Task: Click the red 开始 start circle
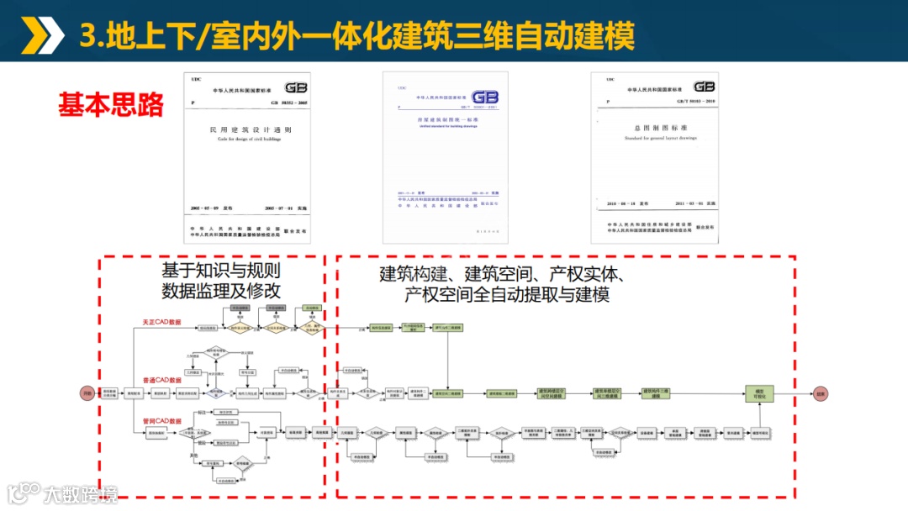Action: pyautogui.click(x=87, y=392)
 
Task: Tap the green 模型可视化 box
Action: pyautogui.click(x=758, y=392)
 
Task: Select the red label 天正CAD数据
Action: pyautogui.click(x=162, y=322)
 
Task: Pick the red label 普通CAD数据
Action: pyautogui.click(x=162, y=380)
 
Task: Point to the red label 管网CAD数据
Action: pyautogui.click(x=162, y=421)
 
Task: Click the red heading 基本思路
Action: pyautogui.click(x=110, y=104)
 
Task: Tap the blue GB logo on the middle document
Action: pyautogui.click(x=484, y=97)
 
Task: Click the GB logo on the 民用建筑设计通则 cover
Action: pyautogui.click(x=296, y=87)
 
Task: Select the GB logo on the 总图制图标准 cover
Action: pyautogui.click(x=704, y=87)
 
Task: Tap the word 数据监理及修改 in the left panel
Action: pyautogui.click(x=221, y=291)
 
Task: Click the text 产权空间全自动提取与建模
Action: pyautogui.click(x=506, y=295)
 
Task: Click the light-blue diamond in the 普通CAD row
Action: pyautogui.click(x=216, y=392)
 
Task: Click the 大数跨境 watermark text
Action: pyautogui.click(x=81, y=493)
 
